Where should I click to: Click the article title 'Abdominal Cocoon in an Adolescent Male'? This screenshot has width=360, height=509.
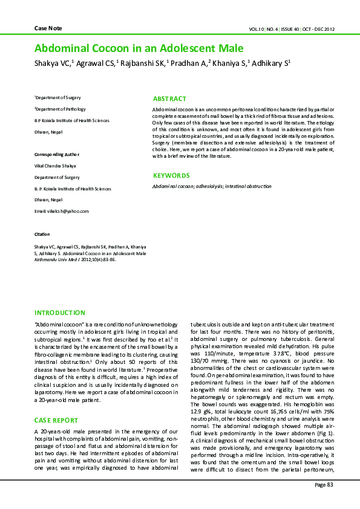139,48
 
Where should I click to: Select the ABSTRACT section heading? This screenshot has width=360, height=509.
169,99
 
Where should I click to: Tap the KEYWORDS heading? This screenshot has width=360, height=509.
171,176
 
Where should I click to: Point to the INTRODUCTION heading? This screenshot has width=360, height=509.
60,313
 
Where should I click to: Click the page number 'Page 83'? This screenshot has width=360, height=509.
324,485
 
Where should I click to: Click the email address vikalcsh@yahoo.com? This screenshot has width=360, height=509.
62,211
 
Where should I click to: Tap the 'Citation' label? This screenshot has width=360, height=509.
42,233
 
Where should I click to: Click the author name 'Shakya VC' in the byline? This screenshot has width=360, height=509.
52,63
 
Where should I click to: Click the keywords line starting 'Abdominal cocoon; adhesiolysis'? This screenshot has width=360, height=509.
212,187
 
